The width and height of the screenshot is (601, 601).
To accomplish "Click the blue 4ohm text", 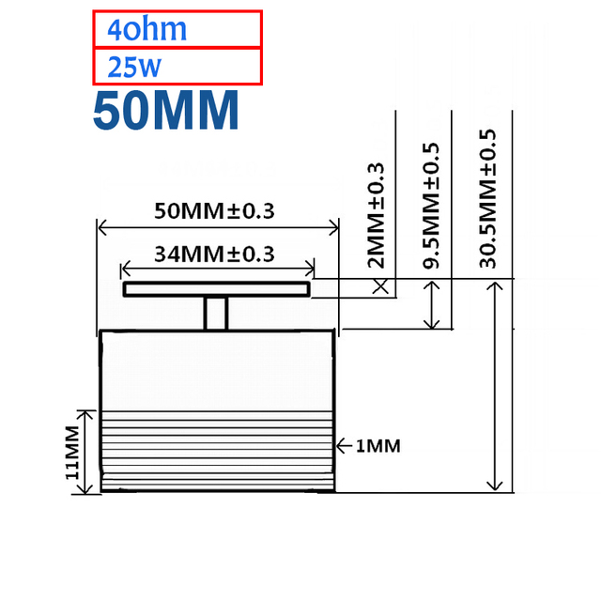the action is point(146,29).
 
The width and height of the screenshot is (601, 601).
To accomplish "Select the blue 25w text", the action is point(134,67).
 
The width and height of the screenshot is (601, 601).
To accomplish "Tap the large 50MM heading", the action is point(166,111).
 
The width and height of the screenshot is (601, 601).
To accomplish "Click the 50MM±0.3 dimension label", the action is point(214,210).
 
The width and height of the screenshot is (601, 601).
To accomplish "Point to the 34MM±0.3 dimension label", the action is point(214,254).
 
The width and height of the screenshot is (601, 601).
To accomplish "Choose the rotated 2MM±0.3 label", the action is point(376,215).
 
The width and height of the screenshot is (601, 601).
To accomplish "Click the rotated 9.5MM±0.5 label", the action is point(431,206).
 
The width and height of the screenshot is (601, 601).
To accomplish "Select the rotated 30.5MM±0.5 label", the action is point(487,198).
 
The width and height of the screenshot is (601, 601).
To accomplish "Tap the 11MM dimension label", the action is point(72,453).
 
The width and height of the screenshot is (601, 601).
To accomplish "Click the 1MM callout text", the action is point(378,446).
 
